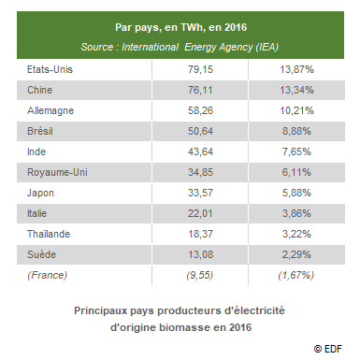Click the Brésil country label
coord(38,130)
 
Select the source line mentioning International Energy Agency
coord(179,46)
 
